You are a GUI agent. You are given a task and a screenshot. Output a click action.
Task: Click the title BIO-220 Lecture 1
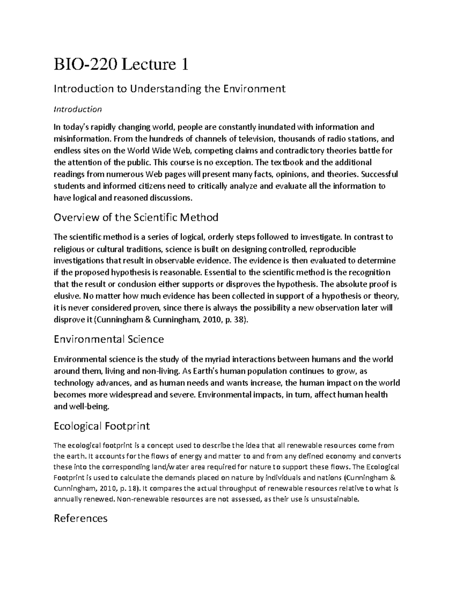121,65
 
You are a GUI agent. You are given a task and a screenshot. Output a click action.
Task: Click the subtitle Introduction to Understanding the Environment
169,89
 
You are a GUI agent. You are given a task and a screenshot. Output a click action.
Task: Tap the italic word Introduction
78,109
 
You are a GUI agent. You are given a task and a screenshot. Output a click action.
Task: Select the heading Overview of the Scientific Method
136,217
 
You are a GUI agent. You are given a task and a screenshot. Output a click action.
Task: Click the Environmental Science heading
109,339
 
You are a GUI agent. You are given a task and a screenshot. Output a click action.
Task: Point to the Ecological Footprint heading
101,426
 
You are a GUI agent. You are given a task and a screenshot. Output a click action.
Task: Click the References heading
81,518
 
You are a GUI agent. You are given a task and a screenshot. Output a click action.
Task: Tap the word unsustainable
334,499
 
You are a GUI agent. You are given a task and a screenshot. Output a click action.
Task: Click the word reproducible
333,249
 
